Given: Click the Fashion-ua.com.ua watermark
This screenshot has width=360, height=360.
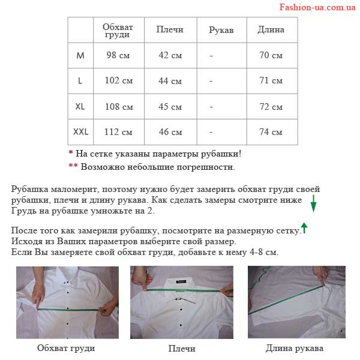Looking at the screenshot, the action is tap(317, 7).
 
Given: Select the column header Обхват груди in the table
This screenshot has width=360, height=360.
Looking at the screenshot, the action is tap(118, 31).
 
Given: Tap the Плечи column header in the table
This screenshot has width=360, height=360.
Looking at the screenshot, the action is tap(170, 29).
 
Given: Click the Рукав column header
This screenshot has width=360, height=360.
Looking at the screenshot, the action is tap(221, 30).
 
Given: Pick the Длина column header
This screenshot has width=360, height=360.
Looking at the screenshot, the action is tap(271, 29).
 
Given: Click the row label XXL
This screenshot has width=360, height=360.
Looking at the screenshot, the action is tap(80, 132).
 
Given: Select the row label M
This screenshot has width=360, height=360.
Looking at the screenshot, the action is tap(80, 55).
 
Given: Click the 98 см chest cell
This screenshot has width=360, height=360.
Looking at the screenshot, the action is tap(118, 55).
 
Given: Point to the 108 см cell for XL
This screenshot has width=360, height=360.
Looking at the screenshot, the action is tap(119, 107).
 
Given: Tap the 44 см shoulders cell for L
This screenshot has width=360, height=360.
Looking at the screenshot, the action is tap(170, 81).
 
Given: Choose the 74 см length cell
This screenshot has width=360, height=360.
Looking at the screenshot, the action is tap(271, 132).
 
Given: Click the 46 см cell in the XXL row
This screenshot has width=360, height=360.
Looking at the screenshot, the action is tap(170, 132).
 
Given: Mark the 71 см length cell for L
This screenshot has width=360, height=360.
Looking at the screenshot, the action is tap(271, 80).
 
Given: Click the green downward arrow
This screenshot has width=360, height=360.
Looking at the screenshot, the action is tap(313, 203).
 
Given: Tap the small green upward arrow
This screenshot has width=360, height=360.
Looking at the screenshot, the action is tap(304, 228).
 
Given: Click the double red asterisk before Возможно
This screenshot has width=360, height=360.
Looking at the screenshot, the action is tap(73, 166).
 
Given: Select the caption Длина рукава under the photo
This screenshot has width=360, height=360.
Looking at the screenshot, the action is tap(295, 348).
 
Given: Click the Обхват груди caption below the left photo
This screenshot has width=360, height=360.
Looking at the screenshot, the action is tap(66, 348).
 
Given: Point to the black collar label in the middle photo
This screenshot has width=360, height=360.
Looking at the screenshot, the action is tap(181, 281).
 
